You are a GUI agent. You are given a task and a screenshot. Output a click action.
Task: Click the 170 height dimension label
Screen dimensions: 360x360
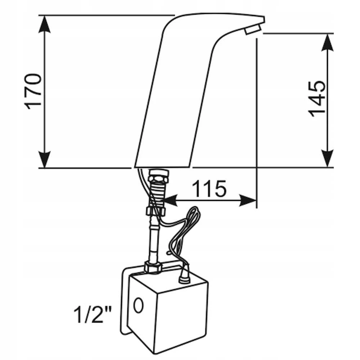pos(33,91)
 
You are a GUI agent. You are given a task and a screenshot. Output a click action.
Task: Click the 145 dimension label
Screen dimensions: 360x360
pos(316,99)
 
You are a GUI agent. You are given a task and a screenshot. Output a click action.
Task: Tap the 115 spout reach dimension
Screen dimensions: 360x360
pos(209,189)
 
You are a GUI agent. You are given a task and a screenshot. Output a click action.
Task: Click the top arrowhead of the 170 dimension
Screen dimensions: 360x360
pos(45,24)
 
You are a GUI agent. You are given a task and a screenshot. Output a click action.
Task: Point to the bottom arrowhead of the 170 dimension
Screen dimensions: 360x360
pos(45,159)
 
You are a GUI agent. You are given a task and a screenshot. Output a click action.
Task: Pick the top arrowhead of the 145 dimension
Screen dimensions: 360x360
pos(327,42)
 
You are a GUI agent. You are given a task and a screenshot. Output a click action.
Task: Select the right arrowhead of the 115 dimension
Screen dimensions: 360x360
pos(248,200)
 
